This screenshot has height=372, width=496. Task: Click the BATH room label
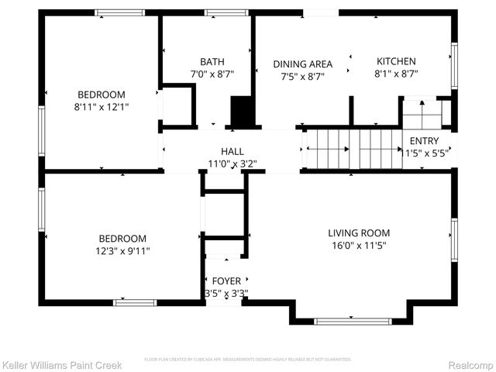pyautogui.click(x=212, y=62)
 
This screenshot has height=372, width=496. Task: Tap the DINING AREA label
pyautogui.click(x=302, y=64)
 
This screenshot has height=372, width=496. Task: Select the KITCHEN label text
pyautogui.click(x=396, y=62)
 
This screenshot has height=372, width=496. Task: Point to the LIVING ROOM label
pyautogui.click(x=358, y=232)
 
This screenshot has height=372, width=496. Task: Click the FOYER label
pyautogui.click(x=226, y=281)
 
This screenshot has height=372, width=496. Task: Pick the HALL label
pyautogui.click(x=232, y=151)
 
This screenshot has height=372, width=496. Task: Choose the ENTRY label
pyautogui.click(x=424, y=141)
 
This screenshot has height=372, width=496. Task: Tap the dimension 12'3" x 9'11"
pyautogui.click(x=122, y=250)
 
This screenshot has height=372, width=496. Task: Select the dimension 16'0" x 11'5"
pyautogui.click(x=358, y=245)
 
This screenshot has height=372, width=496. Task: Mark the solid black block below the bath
pyautogui.click(x=242, y=112)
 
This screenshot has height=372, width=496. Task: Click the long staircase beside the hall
pyautogui.click(x=353, y=146)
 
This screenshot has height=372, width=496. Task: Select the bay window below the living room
pyautogui.click(x=351, y=320)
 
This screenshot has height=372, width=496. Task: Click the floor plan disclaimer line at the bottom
pyautogui.click(x=248, y=360)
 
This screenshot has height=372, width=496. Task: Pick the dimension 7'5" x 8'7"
pyautogui.click(x=302, y=77)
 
